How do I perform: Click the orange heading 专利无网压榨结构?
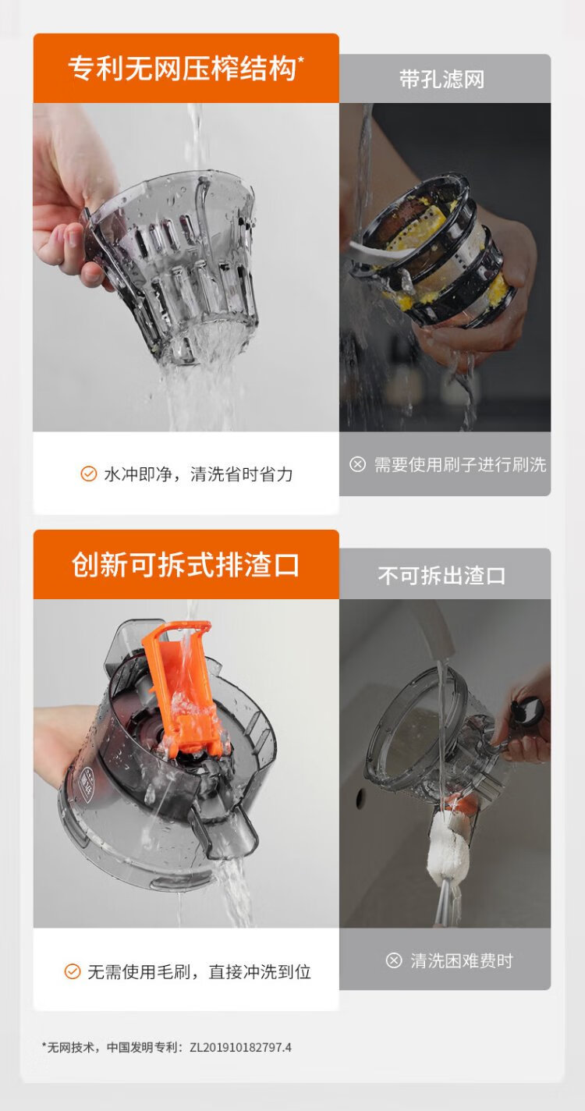(182, 69)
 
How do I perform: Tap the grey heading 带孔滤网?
(441, 79)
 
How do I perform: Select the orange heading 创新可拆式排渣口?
(186, 565)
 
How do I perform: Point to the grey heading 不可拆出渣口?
(441, 575)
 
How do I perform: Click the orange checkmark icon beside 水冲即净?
(89, 474)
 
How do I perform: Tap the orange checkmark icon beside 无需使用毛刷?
(73, 971)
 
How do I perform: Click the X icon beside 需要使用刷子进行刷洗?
(357, 464)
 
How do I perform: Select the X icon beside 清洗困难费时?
(394, 960)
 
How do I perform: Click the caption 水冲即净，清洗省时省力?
(198, 474)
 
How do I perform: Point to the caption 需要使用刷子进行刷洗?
(460, 465)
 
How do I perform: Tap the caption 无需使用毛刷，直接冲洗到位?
(200, 971)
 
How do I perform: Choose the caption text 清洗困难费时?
(462, 961)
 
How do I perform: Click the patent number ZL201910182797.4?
(240, 1048)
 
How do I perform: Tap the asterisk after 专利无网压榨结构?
(300, 61)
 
